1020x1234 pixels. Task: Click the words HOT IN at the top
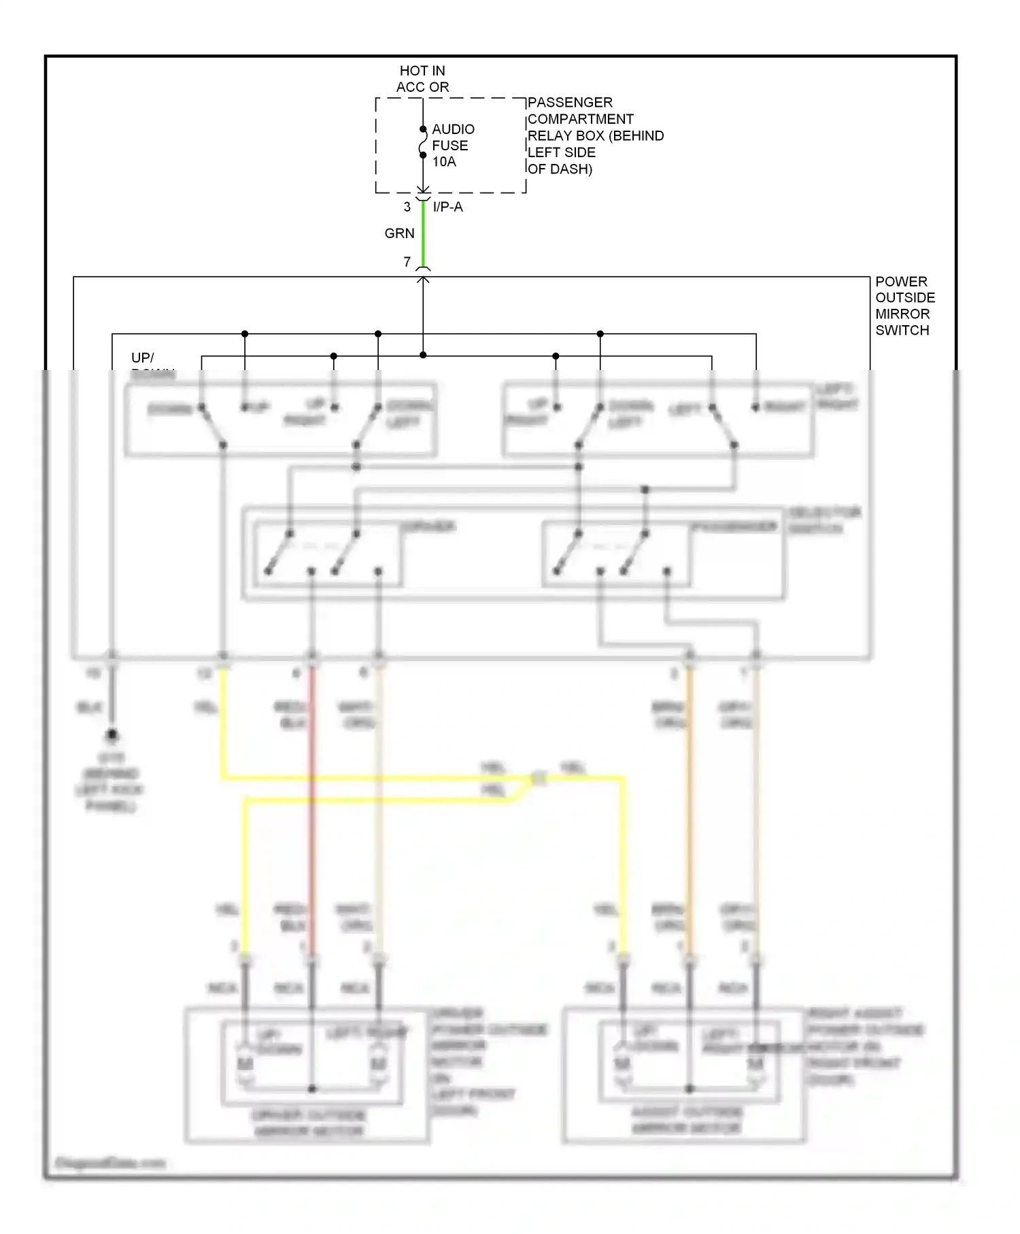click(x=422, y=71)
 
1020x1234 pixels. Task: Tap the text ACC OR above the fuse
click(x=422, y=87)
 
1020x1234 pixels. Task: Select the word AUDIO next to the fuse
click(x=453, y=129)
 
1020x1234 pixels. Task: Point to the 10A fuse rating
click(x=444, y=162)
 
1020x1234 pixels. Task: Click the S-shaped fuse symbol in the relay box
click(x=423, y=142)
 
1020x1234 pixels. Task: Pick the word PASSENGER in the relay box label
click(x=570, y=103)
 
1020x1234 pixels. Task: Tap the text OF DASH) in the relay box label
click(x=560, y=169)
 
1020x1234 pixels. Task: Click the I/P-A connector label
click(x=447, y=207)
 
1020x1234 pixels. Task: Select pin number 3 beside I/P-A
click(x=407, y=207)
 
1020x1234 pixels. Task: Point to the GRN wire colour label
click(x=399, y=233)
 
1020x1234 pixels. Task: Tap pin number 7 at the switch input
click(x=407, y=262)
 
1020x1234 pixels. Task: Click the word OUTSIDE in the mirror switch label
click(x=904, y=298)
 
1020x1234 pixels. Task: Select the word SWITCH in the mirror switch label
click(x=902, y=331)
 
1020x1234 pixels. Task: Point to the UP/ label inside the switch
click(x=143, y=358)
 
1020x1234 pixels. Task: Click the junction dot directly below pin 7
click(x=423, y=355)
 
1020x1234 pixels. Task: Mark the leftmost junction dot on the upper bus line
click(x=245, y=334)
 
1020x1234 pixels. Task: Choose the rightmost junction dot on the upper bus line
click(x=600, y=334)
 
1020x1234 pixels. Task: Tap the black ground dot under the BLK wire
click(x=112, y=735)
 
